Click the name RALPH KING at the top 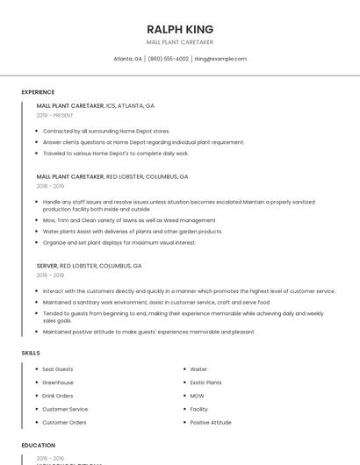click(180, 29)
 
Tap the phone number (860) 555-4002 click(168, 59)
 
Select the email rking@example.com click(220, 59)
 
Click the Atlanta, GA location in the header click(128, 59)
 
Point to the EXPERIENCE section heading click(38, 92)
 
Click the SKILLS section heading click(31, 353)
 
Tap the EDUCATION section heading click(39, 446)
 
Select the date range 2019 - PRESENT click(55, 115)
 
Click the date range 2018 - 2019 click(50, 186)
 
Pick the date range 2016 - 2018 click(50, 275)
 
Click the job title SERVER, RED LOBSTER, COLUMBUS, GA click(89, 265)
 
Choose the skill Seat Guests click(58, 369)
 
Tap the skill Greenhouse click(58, 383)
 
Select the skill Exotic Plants click(205, 383)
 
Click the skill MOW click(198, 396)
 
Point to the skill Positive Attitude click(211, 422)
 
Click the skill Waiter click(198, 369)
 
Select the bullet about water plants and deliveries click(133, 231)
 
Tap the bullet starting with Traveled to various click(116, 153)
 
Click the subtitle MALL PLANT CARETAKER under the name click(180, 42)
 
